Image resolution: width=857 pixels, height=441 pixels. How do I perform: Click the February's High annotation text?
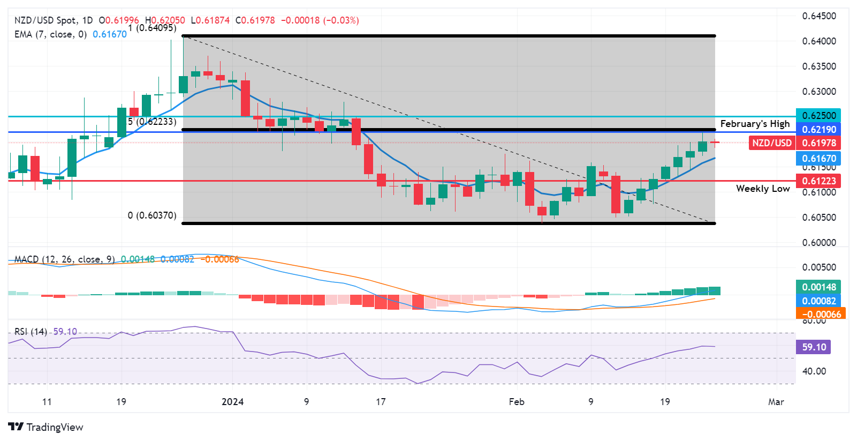point(755,124)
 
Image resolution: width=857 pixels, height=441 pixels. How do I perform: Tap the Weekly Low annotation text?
point(763,189)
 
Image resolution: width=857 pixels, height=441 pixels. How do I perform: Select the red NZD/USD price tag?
point(771,143)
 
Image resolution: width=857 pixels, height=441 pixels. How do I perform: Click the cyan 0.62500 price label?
point(818,116)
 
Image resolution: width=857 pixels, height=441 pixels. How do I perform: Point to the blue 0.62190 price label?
point(818,130)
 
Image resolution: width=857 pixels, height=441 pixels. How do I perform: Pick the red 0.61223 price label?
point(818,181)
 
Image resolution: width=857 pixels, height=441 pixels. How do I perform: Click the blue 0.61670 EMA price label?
point(818,159)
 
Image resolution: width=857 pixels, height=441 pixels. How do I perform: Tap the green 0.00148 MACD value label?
point(818,287)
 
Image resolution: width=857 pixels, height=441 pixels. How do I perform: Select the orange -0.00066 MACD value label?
point(821,314)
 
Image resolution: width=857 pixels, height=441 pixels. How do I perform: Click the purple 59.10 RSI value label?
point(814,347)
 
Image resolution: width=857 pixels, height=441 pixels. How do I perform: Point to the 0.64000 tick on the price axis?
point(819,41)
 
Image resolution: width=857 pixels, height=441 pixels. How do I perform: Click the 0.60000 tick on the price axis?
point(819,243)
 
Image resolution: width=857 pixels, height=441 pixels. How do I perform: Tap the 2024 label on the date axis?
point(232,402)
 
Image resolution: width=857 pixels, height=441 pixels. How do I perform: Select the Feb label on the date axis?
point(517,402)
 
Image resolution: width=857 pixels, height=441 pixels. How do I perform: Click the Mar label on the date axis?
point(776,402)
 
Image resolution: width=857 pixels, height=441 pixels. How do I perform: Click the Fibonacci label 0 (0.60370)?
point(152,215)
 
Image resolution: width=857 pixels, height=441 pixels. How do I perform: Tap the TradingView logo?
point(46,427)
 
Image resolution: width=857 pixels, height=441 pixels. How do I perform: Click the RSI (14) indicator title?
point(31,332)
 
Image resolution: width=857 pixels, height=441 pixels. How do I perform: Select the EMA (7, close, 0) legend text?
point(50,34)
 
